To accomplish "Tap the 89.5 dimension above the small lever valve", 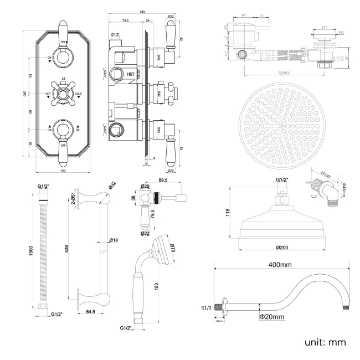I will tap(163, 180).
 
